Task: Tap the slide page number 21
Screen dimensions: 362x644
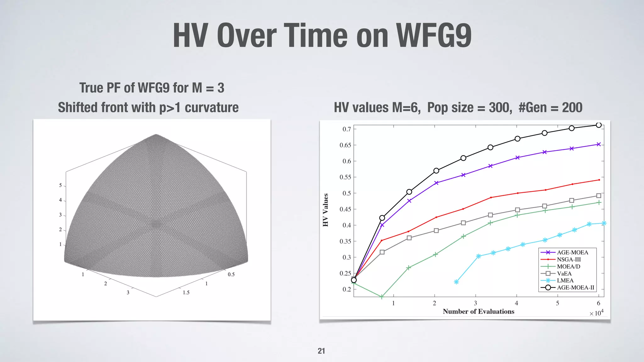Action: [x=321, y=351]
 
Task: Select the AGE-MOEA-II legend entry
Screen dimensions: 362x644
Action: [x=575, y=288]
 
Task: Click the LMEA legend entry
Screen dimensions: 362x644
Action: [x=565, y=281]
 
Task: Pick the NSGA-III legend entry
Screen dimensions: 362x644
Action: [x=569, y=260]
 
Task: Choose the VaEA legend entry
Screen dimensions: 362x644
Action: [x=564, y=273]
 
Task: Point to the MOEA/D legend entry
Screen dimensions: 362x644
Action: [x=569, y=266]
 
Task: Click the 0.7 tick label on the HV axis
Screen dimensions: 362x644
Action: [x=347, y=129]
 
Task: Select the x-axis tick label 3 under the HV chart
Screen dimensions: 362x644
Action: [x=475, y=303]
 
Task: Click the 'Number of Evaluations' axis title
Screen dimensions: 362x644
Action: [x=478, y=311]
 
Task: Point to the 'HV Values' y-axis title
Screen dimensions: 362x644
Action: [x=325, y=210]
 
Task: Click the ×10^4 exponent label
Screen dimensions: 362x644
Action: [x=596, y=313]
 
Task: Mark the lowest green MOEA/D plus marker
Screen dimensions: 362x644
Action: [x=382, y=297]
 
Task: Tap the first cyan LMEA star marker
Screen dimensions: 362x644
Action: [x=456, y=282]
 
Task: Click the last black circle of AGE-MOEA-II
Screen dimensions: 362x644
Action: [x=599, y=125]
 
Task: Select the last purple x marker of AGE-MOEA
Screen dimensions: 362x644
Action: [x=599, y=144]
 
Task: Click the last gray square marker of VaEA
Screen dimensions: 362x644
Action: [x=599, y=195]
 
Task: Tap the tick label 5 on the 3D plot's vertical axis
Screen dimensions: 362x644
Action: [x=60, y=185]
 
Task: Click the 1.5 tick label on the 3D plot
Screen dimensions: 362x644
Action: [x=186, y=293]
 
